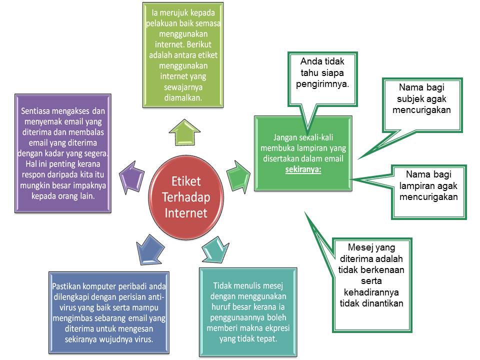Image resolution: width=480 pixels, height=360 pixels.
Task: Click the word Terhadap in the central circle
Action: click(x=186, y=196)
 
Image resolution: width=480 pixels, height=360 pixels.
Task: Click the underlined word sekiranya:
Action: click(x=303, y=169)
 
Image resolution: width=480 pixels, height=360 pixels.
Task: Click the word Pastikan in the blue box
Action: click(x=69, y=286)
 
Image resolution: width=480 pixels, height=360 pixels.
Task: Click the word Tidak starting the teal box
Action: click(x=223, y=286)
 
